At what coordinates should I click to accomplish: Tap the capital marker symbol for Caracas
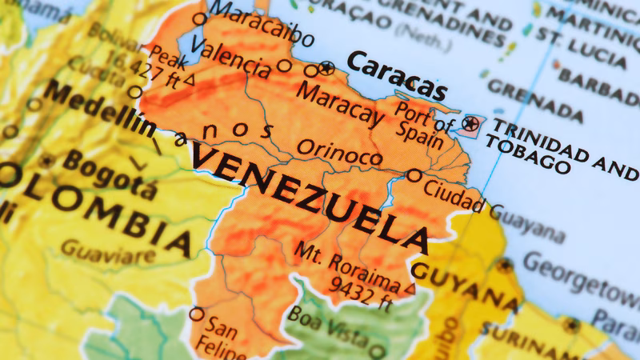click(326, 68)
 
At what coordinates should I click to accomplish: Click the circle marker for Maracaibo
click(199, 19)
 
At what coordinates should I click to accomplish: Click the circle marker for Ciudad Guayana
click(414, 175)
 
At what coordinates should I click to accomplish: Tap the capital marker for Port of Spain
click(471, 123)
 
